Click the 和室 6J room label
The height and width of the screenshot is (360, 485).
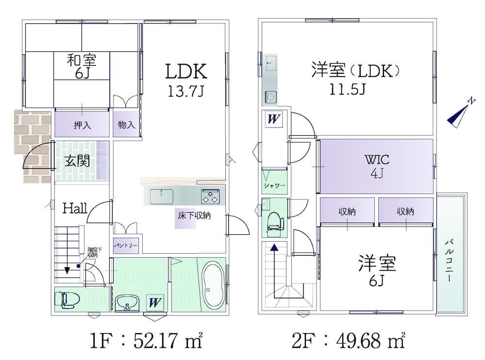coord(82,66)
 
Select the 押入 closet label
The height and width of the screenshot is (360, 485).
coord(82,125)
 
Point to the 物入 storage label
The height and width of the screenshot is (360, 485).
coord(127,125)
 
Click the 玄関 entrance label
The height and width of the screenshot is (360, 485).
coord(77,161)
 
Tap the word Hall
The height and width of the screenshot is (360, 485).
coord(75,209)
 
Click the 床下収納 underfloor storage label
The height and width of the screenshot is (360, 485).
coord(194,215)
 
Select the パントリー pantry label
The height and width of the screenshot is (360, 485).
coord(126,245)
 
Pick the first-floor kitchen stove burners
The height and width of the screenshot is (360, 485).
coord(210,196)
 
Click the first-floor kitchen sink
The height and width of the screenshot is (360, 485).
coord(162,196)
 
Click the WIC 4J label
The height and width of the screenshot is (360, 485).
coord(377,166)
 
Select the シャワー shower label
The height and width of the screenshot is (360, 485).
coord(274,185)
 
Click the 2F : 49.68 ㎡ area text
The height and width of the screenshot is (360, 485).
coord(349,341)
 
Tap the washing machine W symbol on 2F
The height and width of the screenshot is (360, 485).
coord(274,119)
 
